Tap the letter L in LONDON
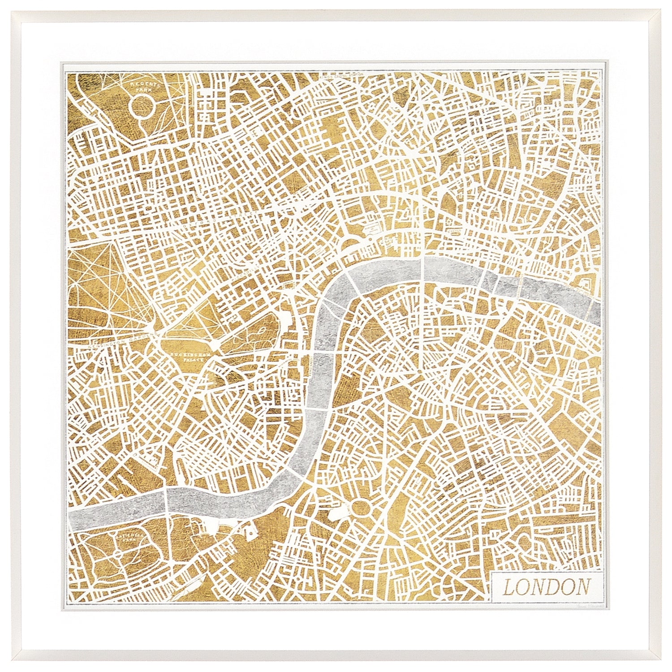[509, 586]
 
